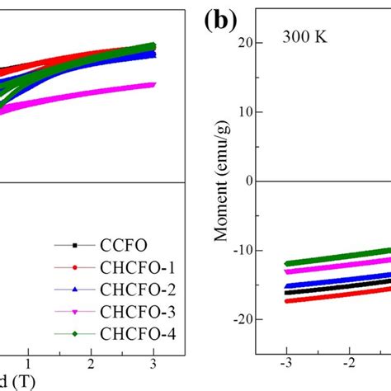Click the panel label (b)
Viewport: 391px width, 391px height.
222,21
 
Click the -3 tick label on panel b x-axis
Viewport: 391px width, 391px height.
285,362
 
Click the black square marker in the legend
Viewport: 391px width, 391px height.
74,245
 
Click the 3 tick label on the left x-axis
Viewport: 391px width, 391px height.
154,362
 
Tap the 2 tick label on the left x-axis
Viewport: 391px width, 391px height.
92,362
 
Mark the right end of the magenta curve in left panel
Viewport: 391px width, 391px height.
153,84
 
